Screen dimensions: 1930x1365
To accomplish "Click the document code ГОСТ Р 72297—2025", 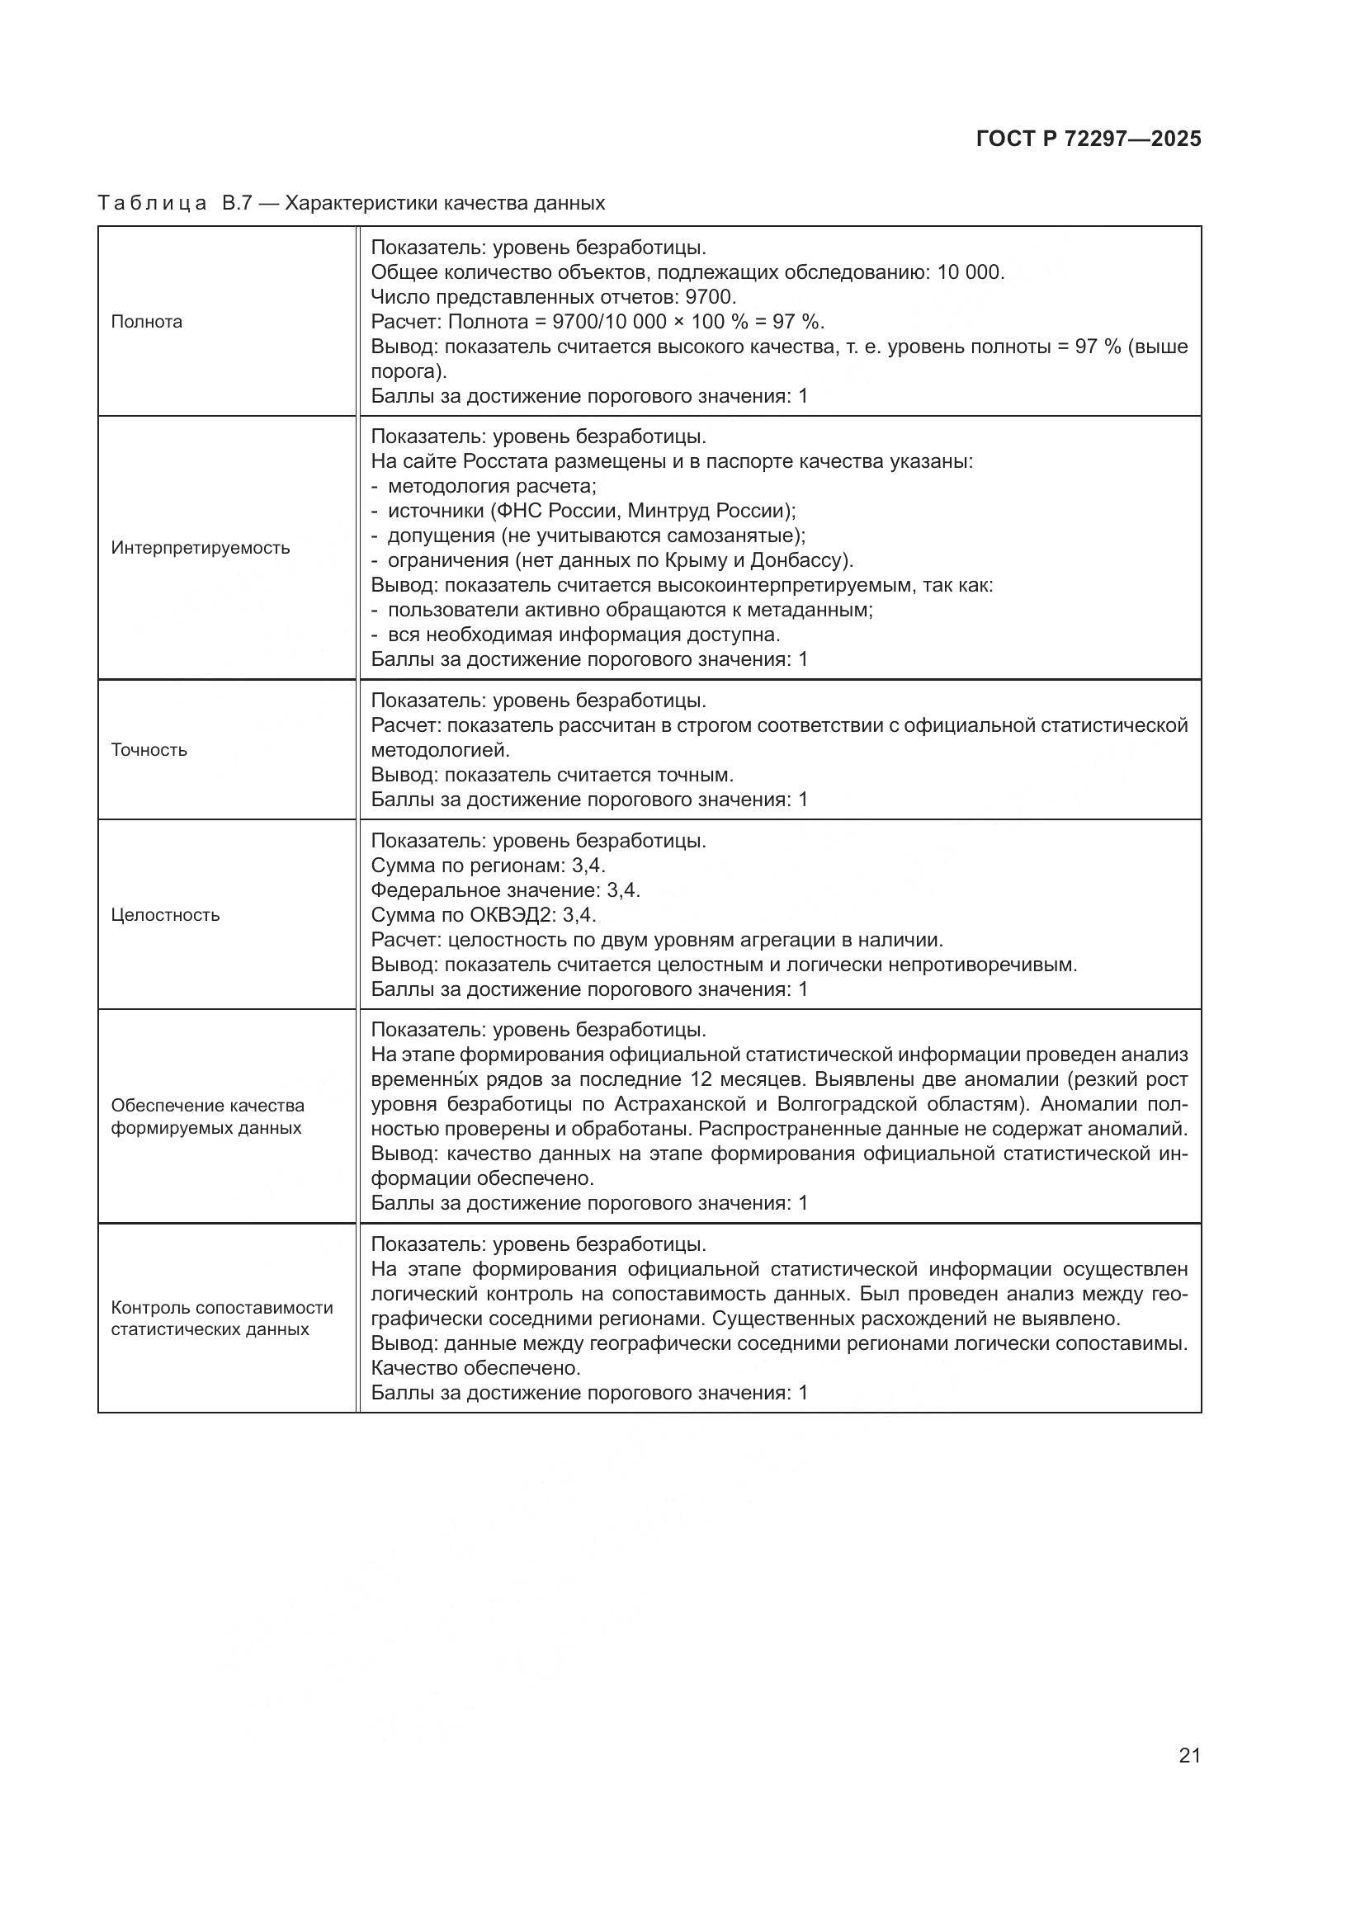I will pos(1089,139).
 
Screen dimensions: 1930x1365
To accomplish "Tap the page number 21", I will pos(1189,1755).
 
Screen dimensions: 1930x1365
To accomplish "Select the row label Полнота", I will pos(146,322).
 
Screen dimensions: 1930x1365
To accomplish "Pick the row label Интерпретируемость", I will pos(200,548).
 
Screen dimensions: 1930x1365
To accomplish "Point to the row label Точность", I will pos(149,750).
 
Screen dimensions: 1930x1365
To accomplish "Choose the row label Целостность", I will pos(165,914).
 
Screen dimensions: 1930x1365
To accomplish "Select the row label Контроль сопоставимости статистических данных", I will pos(221,1318).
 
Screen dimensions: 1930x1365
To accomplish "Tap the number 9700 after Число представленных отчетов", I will pos(711,297).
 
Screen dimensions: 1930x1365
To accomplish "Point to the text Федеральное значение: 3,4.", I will pos(505,890).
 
